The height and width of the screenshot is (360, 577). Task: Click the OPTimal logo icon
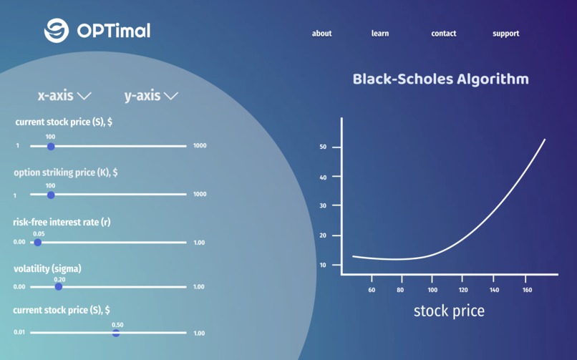coord(56,31)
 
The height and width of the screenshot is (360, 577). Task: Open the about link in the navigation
coord(321,34)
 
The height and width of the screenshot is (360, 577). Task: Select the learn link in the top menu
coord(380,34)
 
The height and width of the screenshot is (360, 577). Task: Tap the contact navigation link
coord(443,34)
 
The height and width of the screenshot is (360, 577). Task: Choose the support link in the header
coord(505,34)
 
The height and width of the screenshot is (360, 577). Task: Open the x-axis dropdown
coord(64,95)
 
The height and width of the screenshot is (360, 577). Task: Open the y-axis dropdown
coord(150,95)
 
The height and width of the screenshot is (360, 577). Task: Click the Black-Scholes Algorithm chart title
coord(440,79)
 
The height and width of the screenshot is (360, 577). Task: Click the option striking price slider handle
coord(51,195)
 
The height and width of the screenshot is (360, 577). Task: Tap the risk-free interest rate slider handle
coord(38,243)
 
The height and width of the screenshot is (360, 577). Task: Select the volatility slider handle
coord(59,287)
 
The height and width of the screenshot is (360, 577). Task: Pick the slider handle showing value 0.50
coord(116,333)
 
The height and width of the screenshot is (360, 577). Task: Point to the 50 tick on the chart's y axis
coord(323,147)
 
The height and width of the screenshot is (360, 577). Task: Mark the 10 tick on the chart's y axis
coord(323,265)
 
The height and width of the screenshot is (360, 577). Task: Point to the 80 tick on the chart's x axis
coord(402,290)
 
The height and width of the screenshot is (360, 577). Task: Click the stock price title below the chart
coord(449,311)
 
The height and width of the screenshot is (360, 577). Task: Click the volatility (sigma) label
coord(47,269)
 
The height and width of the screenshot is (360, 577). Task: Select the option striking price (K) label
coord(66,172)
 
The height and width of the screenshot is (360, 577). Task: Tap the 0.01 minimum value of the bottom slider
coord(19,333)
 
